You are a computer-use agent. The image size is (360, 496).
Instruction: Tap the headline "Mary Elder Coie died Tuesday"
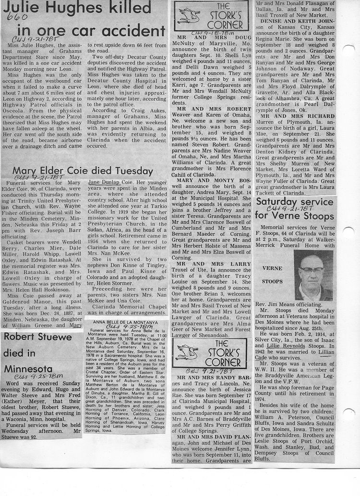point(83,171)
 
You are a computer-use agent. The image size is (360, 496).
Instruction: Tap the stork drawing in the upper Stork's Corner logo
point(189,16)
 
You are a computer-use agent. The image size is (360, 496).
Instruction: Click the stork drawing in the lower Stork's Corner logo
point(187,352)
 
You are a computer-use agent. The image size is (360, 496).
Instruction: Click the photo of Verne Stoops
point(313,275)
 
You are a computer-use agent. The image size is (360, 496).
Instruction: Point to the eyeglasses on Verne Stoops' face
point(312,270)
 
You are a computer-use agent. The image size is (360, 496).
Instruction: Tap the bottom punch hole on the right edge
point(349,414)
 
